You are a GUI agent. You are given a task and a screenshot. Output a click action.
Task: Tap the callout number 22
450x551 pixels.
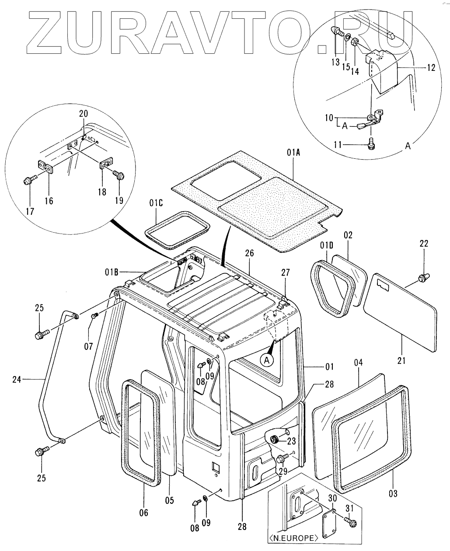(424, 243)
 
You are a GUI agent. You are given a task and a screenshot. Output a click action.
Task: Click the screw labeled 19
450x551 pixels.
(117, 174)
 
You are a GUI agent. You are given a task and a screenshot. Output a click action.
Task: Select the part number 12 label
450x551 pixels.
(431, 68)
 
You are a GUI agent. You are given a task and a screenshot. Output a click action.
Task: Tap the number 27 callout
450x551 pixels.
(286, 272)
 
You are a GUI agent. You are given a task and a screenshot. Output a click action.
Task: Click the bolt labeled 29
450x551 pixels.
(281, 458)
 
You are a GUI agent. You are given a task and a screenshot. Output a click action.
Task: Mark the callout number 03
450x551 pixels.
(393, 494)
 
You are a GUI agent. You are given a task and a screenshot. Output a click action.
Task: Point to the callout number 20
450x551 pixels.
(83, 114)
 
